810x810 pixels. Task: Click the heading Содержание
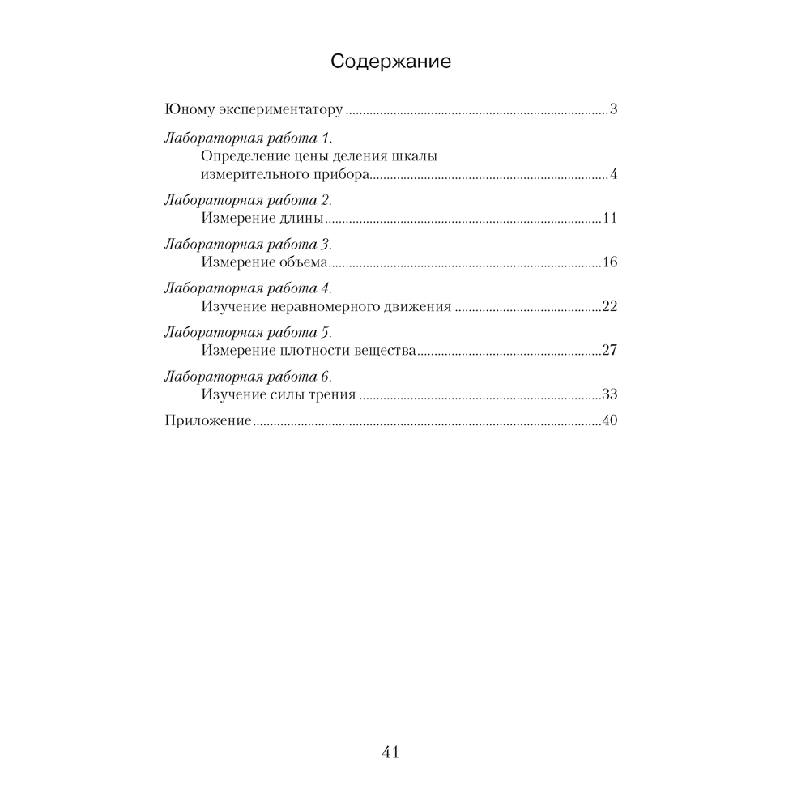point(391,62)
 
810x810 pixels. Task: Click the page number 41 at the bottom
point(390,752)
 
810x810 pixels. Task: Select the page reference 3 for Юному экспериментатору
point(614,110)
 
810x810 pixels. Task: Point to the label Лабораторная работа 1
point(249,137)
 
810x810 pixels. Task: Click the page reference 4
point(614,175)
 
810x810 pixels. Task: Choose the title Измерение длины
point(262,219)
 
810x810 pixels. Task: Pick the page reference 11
point(611,219)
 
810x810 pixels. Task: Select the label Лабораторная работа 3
point(248,244)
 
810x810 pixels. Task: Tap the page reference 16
point(611,262)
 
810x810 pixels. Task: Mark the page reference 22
point(610,307)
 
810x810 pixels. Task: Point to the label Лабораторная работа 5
point(248,332)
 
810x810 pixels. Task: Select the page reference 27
point(610,352)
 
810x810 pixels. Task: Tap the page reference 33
point(610,395)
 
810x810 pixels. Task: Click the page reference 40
point(610,421)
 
